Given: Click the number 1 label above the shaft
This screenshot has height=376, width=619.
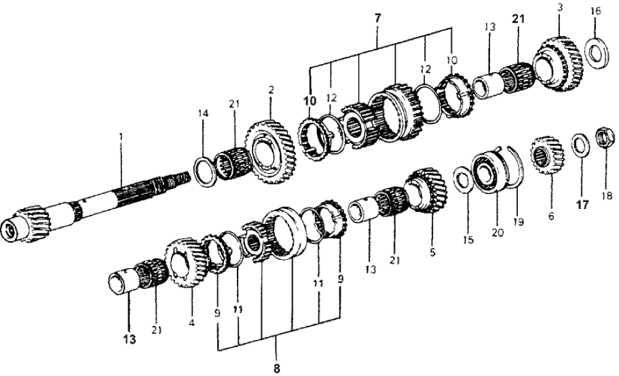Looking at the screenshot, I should [x=121, y=136].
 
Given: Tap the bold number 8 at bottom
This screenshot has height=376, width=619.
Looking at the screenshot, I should [x=277, y=368].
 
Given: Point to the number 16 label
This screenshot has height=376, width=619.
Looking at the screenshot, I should [x=595, y=11].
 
